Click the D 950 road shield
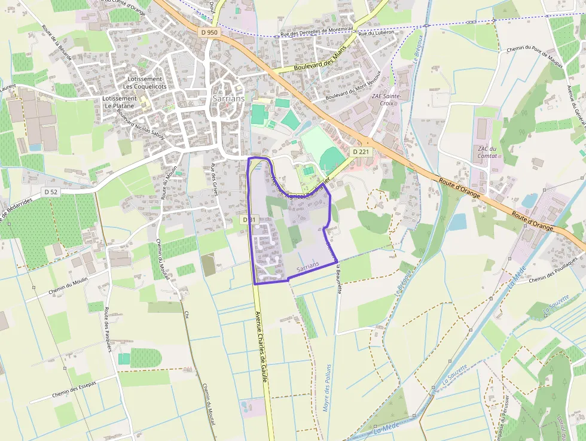click(209, 32)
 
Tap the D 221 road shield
click(361, 152)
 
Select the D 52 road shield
click(50, 191)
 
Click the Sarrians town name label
click(228, 99)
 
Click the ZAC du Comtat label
click(487, 152)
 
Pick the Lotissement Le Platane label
click(120, 102)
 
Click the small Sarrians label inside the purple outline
click(308, 271)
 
